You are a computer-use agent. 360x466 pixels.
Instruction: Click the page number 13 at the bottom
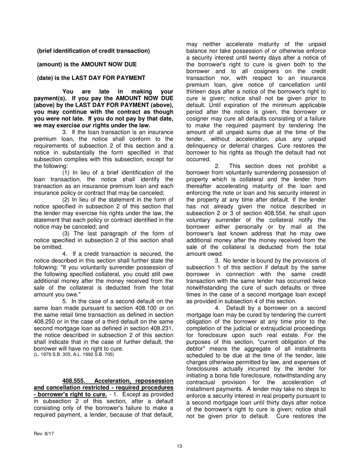coord(180,446)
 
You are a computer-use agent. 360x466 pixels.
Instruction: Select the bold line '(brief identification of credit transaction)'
coord(93,51)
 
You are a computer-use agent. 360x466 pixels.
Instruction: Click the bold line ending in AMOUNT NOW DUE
coord(87,64)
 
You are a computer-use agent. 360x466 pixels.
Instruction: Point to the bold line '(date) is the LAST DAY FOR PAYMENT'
coord(91,78)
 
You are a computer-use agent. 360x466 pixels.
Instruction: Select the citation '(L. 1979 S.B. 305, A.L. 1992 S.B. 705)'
coord(74,355)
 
